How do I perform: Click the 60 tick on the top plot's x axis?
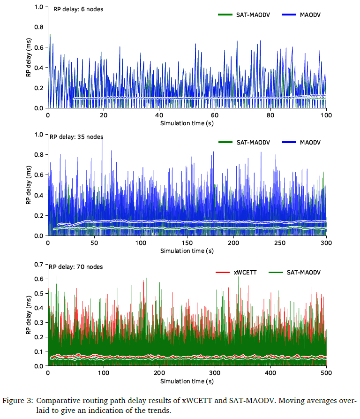coord(215,115)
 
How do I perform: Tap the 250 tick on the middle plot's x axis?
coord(279,243)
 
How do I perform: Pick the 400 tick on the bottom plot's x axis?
coord(270,373)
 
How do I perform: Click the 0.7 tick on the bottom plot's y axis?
coord(39,265)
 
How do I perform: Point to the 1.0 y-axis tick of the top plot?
coord(39,8)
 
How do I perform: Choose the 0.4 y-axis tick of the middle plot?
coord(39,196)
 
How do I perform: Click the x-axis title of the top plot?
coord(187,123)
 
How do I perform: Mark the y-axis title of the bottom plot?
coord(28,315)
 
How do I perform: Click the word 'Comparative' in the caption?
coord(57,401)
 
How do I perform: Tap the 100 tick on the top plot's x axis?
coord(326,115)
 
